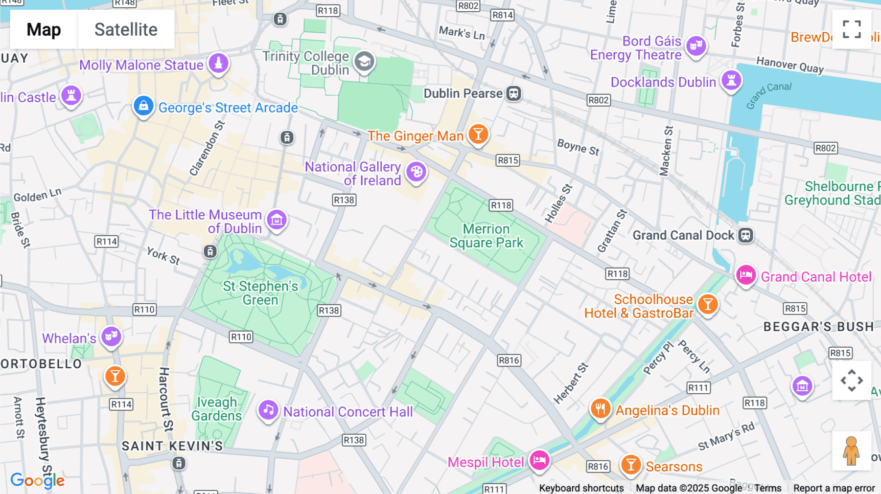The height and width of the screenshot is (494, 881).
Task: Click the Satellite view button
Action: pyautogui.click(x=126, y=29)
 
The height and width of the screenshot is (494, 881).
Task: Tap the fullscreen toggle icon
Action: pyautogui.click(x=852, y=29)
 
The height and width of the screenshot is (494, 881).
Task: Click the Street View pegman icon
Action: pyautogui.click(x=852, y=450)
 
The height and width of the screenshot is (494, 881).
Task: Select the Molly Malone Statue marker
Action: pyautogui.click(x=218, y=63)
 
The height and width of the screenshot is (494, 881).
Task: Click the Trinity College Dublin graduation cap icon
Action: pyautogui.click(x=364, y=62)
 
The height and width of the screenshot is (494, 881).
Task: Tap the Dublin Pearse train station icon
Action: pyautogui.click(x=513, y=93)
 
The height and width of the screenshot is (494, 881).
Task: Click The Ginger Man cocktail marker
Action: pyautogui.click(x=478, y=134)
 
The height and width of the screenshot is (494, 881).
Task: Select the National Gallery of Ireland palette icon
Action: pyautogui.click(x=417, y=172)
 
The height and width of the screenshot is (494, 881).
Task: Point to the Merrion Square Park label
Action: pyautogui.click(x=486, y=236)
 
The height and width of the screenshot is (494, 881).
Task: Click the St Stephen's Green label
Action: pyautogui.click(x=260, y=292)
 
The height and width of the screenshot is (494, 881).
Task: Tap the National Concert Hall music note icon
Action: pyautogui.click(x=268, y=410)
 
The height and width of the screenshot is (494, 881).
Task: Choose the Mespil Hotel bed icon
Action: pyautogui.click(x=539, y=460)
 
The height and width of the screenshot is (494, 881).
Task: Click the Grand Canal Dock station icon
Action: pyautogui.click(x=745, y=235)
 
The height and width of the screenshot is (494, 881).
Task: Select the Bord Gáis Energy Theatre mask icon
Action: pyautogui.click(x=696, y=46)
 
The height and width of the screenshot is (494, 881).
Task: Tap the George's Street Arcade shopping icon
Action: pyautogui.click(x=143, y=106)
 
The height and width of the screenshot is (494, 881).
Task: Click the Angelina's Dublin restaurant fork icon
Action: pyautogui.click(x=600, y=408)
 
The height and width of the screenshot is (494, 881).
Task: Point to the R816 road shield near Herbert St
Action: pyautogui.click(x=509, y=360)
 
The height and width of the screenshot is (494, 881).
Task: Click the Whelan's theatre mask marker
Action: pyautogui.click(x=111, y=337)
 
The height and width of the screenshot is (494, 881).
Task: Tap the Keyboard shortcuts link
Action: pyautogui.click(x=581, y=488)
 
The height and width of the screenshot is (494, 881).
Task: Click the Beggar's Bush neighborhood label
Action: pyautogui.click(x=818, y=327)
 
